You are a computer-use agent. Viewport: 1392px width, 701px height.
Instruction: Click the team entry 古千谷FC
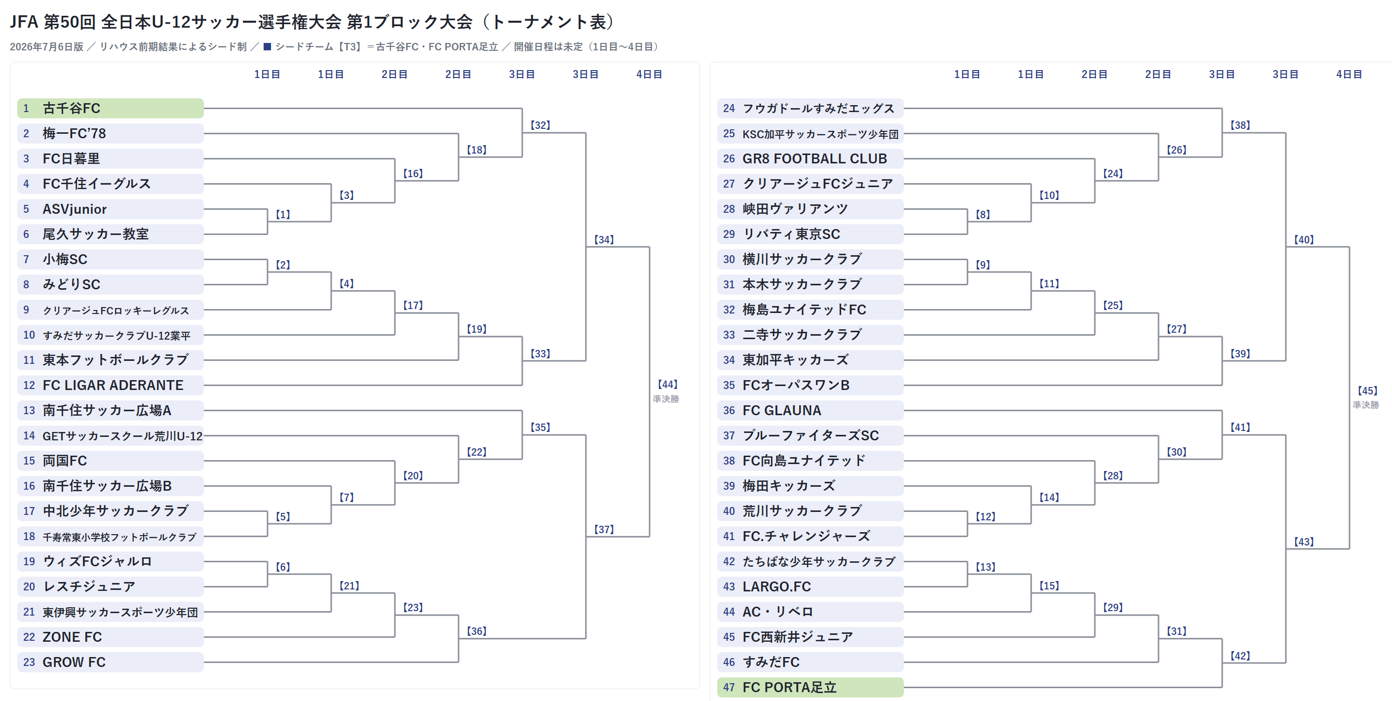[110, 108]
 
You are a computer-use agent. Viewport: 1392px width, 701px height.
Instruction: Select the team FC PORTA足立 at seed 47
[810, 687]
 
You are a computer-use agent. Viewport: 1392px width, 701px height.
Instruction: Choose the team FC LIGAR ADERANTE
[110, 385]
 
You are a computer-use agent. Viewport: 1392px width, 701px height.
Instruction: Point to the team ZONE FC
[110, 637]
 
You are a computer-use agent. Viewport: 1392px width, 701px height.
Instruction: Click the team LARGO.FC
[810, 586]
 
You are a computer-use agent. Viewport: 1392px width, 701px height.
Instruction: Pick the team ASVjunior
[110, 209]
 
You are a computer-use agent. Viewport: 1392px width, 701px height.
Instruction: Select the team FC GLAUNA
[810, 410]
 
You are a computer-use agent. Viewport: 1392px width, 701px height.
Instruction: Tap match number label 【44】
[667, 384]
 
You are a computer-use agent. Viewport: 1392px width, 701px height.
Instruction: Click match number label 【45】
[1367, 390]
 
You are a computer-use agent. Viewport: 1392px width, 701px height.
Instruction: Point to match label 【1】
[283, 214]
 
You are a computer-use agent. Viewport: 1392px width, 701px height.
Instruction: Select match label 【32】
[540, 125]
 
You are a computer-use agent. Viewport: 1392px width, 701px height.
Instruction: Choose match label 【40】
[1303, 239]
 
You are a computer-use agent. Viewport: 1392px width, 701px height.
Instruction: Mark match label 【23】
[413, 607]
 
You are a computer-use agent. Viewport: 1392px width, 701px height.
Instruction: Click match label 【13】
[985, 566]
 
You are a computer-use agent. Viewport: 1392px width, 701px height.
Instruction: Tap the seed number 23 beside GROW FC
[29, 662]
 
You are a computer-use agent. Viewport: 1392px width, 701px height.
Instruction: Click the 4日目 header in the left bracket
[649, 74]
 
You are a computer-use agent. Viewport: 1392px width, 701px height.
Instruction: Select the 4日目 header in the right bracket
[1349, 74]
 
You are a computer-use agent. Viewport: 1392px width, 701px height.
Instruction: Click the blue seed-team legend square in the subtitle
[267, 46]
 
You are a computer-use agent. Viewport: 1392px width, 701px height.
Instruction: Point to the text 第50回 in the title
[70, 22]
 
